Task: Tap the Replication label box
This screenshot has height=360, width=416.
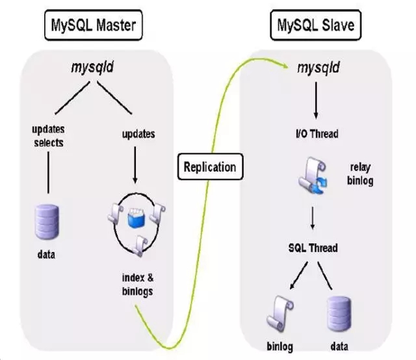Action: pyautogui.click(x=209, y=167)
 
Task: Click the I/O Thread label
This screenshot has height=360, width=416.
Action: pyautogui.click(x=314, y=135)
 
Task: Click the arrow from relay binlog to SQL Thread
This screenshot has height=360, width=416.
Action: pyautogui.click(x=313, y=218)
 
